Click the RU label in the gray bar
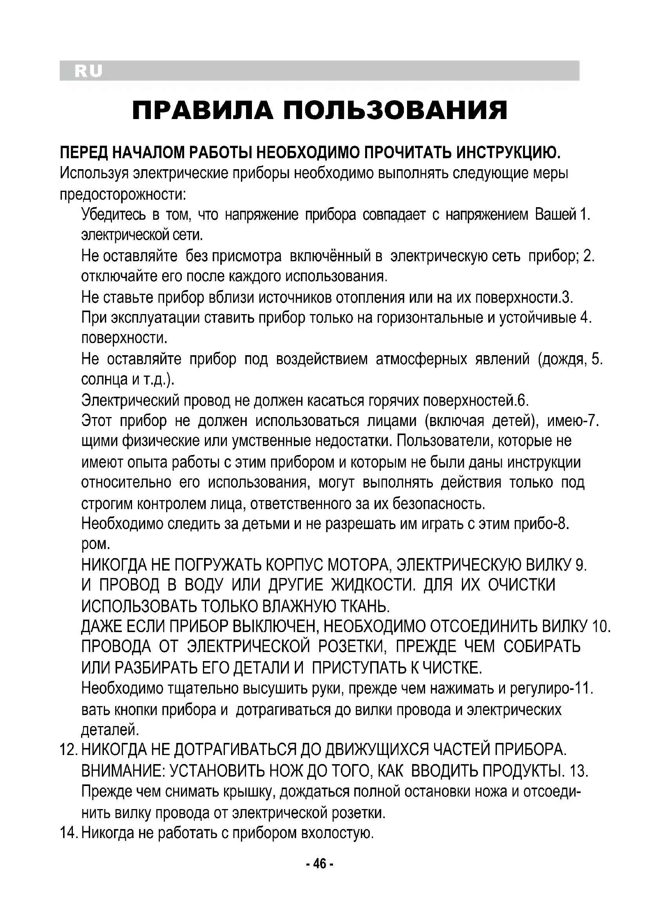pyautogui.click(x=88, y=71)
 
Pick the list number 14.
pyautogui.click(x=68, y=833)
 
